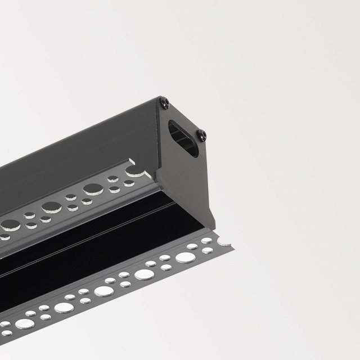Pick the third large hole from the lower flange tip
coord(104,291)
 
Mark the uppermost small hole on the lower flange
coord(206,241)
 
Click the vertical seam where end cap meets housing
coord(158,141)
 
